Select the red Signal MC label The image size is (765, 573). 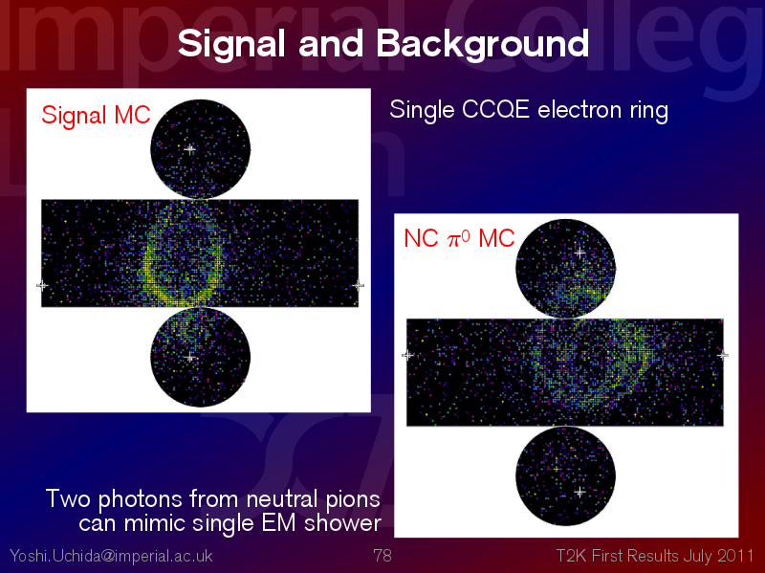tap(97, 116)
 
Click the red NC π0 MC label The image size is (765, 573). tap(459, 238)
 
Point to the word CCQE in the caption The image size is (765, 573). tap(495, 109)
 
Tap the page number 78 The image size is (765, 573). tap(382, 556)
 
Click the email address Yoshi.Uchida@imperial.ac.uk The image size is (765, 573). tap(111, 556)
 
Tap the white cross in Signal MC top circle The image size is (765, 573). tap(190, 149)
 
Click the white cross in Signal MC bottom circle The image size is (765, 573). tap(190, 357)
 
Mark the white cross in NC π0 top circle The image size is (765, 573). tap(579, 253)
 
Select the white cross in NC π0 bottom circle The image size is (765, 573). tap(579, 492)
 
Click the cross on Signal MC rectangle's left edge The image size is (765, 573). tap(42, 285)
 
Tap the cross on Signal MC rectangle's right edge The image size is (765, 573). tap(359, 285)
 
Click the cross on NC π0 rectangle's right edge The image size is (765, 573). tap(723, 355)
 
